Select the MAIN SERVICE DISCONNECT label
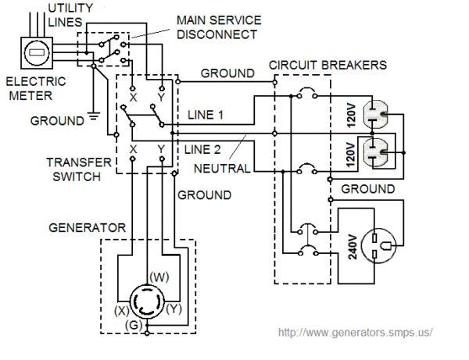[x=217, y=27]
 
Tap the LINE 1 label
[x=206, y=115]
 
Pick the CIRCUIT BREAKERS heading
[x=326, y=65]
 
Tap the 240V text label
[x=352, y=246]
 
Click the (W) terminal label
[x=159, y=276]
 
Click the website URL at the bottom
[x=355, y=332]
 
